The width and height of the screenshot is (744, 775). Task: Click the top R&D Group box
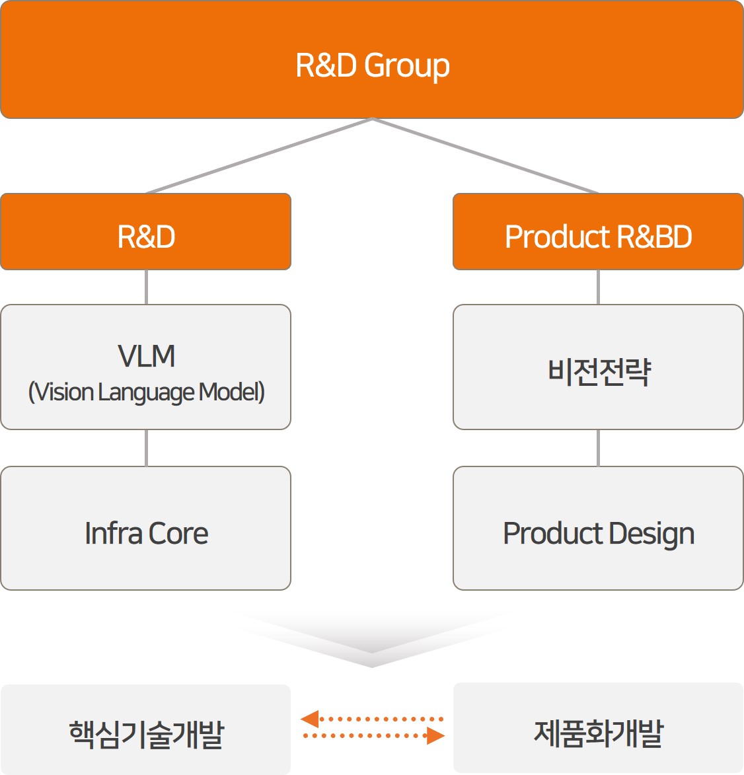pos(372,59)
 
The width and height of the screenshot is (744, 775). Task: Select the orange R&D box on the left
pos(145,232)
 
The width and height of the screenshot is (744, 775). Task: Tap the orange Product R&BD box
pos(598,232)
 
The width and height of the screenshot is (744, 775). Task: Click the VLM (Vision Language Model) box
pos(145,367)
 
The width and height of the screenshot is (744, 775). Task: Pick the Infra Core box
pos(145,529)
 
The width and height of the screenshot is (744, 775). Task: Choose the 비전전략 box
pos(598,367)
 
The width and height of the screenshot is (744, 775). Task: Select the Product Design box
pos(598,529)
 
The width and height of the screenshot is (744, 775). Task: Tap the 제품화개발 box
pos(598,728)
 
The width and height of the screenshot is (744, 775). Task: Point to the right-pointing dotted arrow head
pos(436,735)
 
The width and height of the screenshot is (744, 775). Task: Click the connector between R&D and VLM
pos(146,287)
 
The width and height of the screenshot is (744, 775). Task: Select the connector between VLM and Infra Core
pos(146,448)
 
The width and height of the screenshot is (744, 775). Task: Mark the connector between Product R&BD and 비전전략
pos(598,287)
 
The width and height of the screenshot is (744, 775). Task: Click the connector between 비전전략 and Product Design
pos(598,448)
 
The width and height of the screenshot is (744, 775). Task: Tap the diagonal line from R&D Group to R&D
pos(259,156)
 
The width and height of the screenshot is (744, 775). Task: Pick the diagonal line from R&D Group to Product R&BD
pos(486,156)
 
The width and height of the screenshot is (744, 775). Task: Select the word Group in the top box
pos(407,65)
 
